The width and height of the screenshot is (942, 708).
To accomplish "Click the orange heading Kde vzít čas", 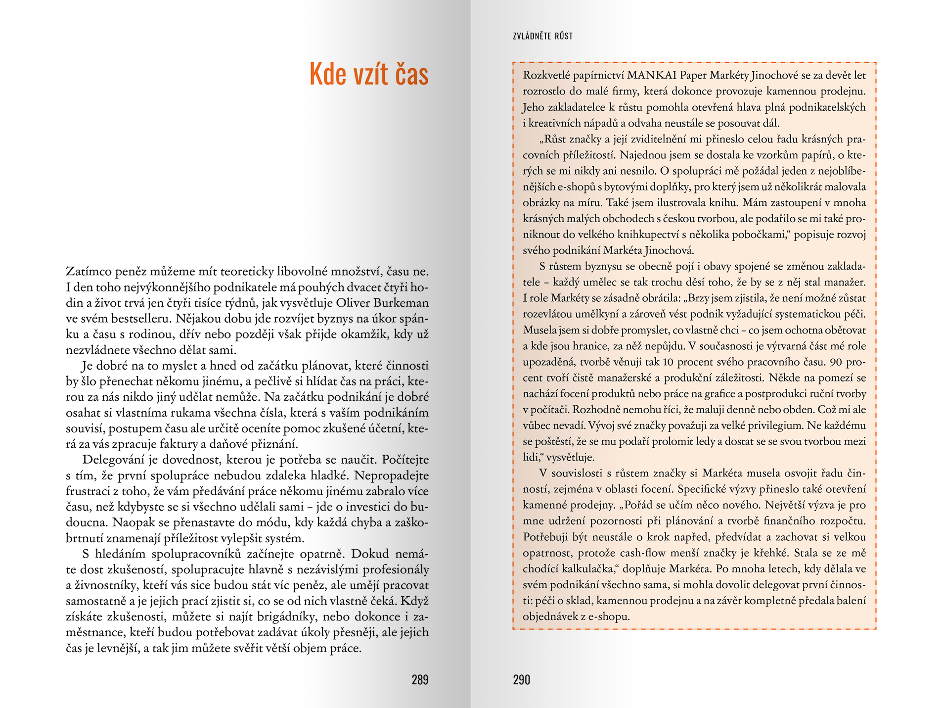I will point(368,74).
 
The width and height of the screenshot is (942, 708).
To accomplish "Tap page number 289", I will point(420,680).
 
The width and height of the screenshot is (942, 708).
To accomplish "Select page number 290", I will point(521,680).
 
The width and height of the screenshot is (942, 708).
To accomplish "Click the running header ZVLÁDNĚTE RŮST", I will point(542,36).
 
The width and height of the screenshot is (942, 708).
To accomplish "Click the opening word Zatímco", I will point(88,272).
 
